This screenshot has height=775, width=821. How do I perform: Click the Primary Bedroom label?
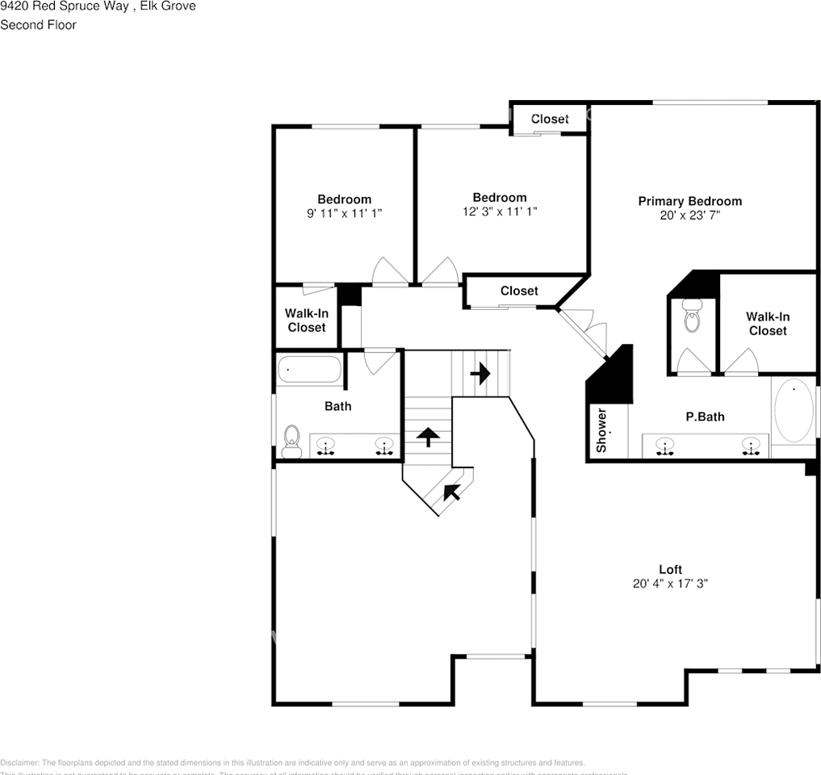point(689,201)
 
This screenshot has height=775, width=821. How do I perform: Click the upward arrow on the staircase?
point(427,437)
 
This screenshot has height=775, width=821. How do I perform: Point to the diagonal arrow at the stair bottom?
point(450,490)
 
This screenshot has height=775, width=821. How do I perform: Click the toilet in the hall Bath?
point(292,440)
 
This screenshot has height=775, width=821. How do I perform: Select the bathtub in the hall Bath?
point(309,370)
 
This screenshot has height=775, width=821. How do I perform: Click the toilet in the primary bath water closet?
point(692,316)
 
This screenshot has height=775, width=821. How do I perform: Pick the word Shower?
point(601,429)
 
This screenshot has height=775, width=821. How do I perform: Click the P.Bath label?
point(705,417)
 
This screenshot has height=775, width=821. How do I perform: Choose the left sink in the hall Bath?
point(325,445)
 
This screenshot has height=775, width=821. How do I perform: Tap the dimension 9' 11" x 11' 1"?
point(344,214)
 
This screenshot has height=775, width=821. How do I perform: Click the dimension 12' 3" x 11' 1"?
point(499,212)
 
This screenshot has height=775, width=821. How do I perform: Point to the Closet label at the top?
point(550,119)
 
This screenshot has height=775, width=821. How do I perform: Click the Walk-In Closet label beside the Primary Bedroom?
point(767,324)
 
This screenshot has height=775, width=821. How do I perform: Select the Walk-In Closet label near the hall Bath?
point(307,320)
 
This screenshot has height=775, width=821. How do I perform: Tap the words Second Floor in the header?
point(38,25)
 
